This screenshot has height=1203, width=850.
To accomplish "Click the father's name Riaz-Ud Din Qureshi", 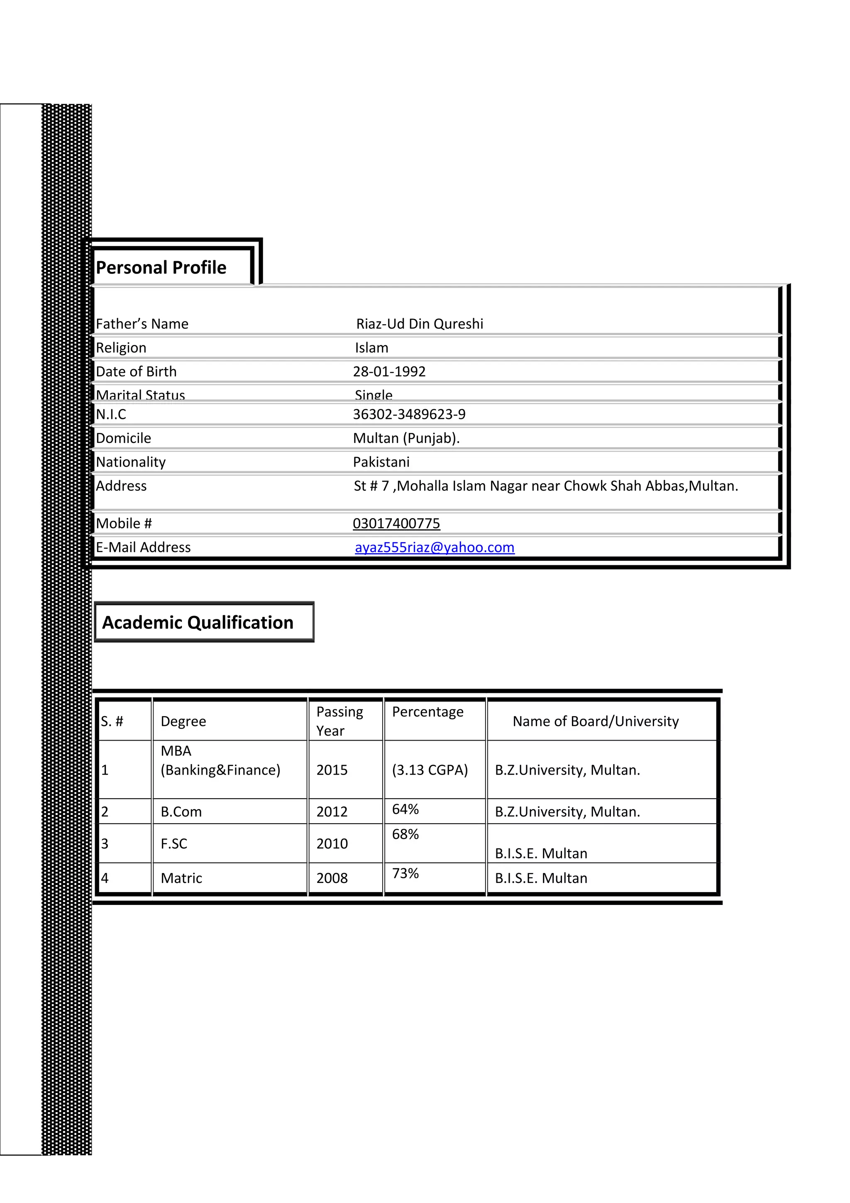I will [420, 324].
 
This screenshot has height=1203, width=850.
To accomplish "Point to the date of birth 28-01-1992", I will [389, 372].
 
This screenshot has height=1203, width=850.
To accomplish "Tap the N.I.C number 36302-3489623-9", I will [409, 414].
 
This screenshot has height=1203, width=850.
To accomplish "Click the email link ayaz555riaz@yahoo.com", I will [434, 548].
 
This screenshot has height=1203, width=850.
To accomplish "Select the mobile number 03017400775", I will [396, 523].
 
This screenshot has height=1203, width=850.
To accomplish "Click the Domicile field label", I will [124, 438].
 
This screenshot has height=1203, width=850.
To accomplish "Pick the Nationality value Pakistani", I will [381, 462].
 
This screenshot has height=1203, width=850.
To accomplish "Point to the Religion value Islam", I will [371, 348].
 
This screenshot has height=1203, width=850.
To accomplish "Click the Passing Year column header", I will [340, 721].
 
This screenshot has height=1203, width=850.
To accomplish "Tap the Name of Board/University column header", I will [596, 721].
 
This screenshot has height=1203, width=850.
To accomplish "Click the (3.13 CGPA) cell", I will [430, 770].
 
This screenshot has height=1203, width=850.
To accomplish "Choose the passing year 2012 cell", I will [332, 812].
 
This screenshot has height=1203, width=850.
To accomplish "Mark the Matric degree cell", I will [181, 878].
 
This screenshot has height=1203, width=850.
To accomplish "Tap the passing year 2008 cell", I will [332, 878].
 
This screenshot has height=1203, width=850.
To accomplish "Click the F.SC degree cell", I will [174, 844].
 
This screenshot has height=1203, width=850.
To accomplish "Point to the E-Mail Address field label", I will [144, 548].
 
